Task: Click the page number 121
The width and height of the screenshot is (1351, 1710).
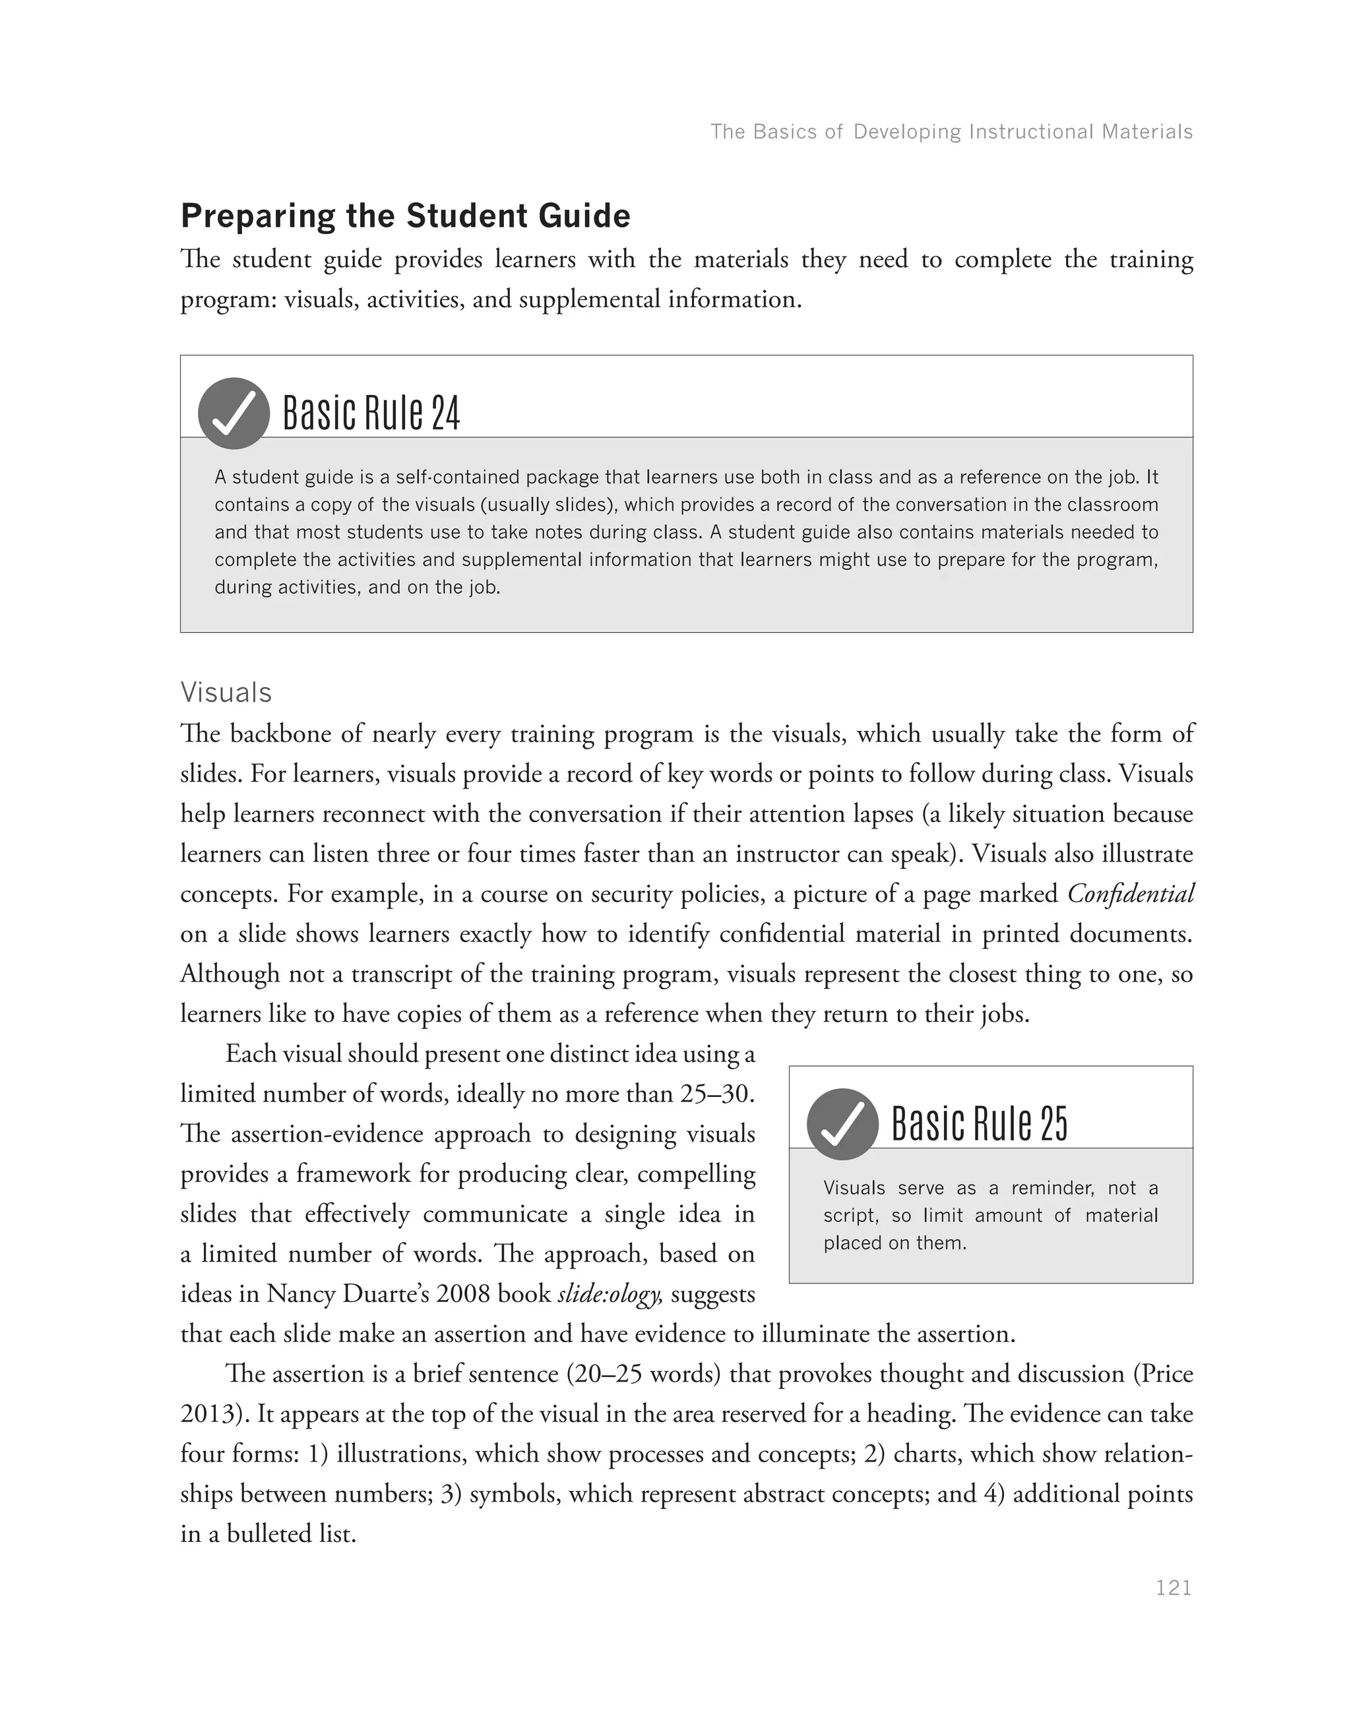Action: pos(1173,1587)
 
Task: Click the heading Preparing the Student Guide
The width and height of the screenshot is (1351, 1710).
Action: pos(405,216)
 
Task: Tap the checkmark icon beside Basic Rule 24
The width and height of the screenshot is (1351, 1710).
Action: pos(234,413)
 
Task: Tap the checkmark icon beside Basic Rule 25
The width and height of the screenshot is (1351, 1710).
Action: pos(842,1124)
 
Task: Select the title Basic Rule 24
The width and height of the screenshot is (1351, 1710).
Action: pos(371,413)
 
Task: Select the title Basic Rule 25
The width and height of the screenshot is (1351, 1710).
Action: pos(979,1124)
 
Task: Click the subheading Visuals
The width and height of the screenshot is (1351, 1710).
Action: pos(226,693)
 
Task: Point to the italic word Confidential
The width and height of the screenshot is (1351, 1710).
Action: pos(1130,894)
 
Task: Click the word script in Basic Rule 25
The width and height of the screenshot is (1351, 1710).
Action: pos(850,1216)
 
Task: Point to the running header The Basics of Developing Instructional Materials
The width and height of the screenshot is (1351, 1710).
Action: pos(951,131)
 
